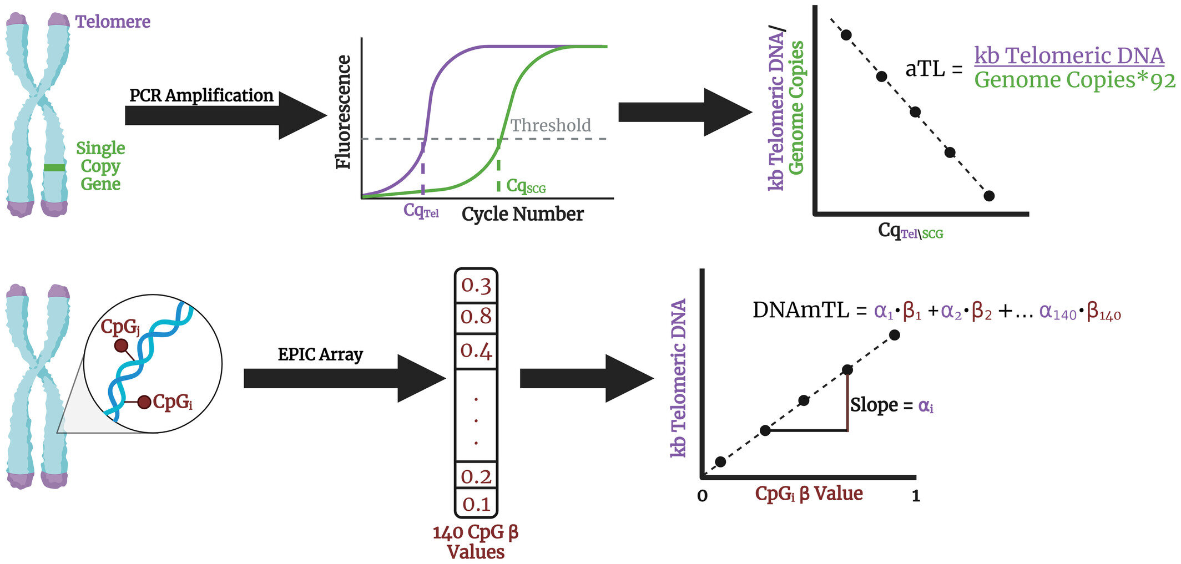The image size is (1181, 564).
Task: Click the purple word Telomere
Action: click(x=113, y=22)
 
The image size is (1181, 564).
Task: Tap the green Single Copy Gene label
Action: click(x=100, y=166)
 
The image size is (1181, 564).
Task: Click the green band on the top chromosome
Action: click(x=54, y=167)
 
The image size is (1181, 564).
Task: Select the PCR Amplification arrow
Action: click(x=226, y=115)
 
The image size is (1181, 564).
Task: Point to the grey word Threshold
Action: click(x=551, y=125)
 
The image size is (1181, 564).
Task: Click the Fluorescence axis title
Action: click(x=344, y=112)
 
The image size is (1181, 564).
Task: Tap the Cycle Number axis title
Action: click(x=522, y=214)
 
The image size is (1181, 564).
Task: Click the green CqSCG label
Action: click(x=526, y=186)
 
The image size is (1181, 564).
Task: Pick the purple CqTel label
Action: click(x=421, y=211)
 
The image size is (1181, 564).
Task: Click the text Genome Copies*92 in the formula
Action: click(x=1074, y=80)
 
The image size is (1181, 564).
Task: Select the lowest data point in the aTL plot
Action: click(x=988, y=196)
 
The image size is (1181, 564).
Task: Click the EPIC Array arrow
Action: click(x=345, y=378)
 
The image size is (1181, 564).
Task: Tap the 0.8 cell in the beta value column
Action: click(x=476, y=317)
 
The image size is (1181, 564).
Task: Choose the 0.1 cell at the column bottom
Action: click(x=476, y=504)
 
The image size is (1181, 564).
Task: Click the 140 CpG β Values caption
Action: click(x=476, y=542)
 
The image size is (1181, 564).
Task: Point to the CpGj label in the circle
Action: click(x=120, y=327)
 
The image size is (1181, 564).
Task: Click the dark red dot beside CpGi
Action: click(x=144, y=402)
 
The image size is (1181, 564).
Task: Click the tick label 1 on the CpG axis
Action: click(x=916, y=496)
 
